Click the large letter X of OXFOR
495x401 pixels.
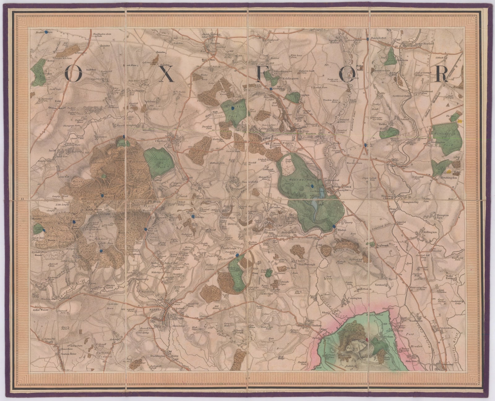click(167, 75)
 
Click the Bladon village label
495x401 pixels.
click(342, 230)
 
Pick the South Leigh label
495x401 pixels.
click(240, 332)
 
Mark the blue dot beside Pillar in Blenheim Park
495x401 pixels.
click(312, 186)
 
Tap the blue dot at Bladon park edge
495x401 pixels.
click(334, 226)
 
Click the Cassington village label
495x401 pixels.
click(355, 298)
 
